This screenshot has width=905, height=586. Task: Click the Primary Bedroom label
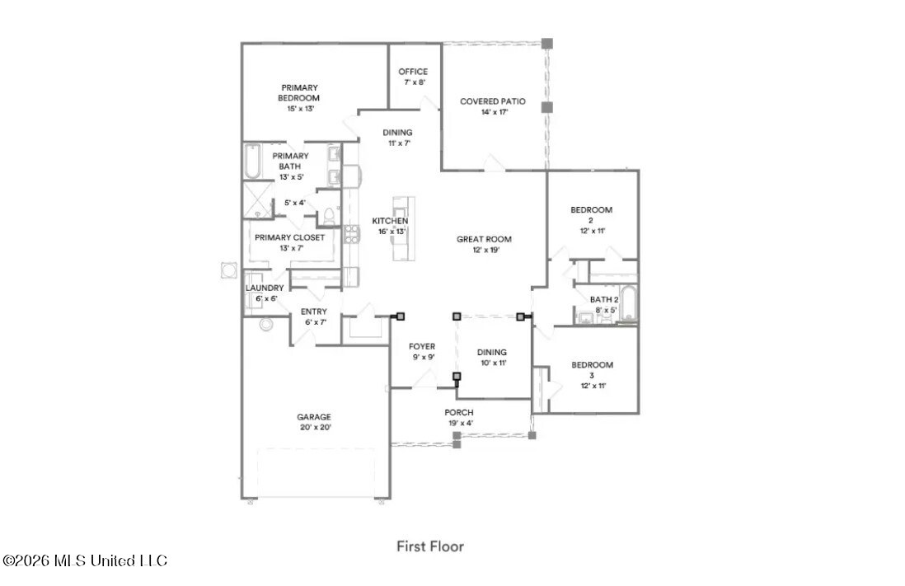[299, 93]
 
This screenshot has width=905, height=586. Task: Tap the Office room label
[413, 72]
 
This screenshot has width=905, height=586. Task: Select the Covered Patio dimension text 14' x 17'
[494, 112]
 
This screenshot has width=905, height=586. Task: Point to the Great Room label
[484, 239]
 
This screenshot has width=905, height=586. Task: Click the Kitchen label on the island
[390, 221]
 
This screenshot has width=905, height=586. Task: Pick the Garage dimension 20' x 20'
[315, 427]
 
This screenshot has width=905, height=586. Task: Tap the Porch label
[459, 412]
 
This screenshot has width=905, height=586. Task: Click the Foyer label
[422, 346]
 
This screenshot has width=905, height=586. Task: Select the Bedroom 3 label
[592, 369]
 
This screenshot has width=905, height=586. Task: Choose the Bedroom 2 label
[592, 215]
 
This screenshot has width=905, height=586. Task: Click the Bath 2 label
[604, 300]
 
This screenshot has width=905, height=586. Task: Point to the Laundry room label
[265, 288]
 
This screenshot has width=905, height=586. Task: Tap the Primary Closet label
[290, 237]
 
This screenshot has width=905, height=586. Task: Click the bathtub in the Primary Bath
[252, 161]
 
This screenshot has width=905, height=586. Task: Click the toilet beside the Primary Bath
[328, 215]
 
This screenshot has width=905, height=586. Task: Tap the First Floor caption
[430, 546]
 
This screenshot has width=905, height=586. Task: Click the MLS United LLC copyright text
[85, 560]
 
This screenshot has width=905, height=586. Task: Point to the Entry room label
[313, 312]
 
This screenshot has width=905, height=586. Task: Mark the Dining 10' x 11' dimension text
[494, 363]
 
